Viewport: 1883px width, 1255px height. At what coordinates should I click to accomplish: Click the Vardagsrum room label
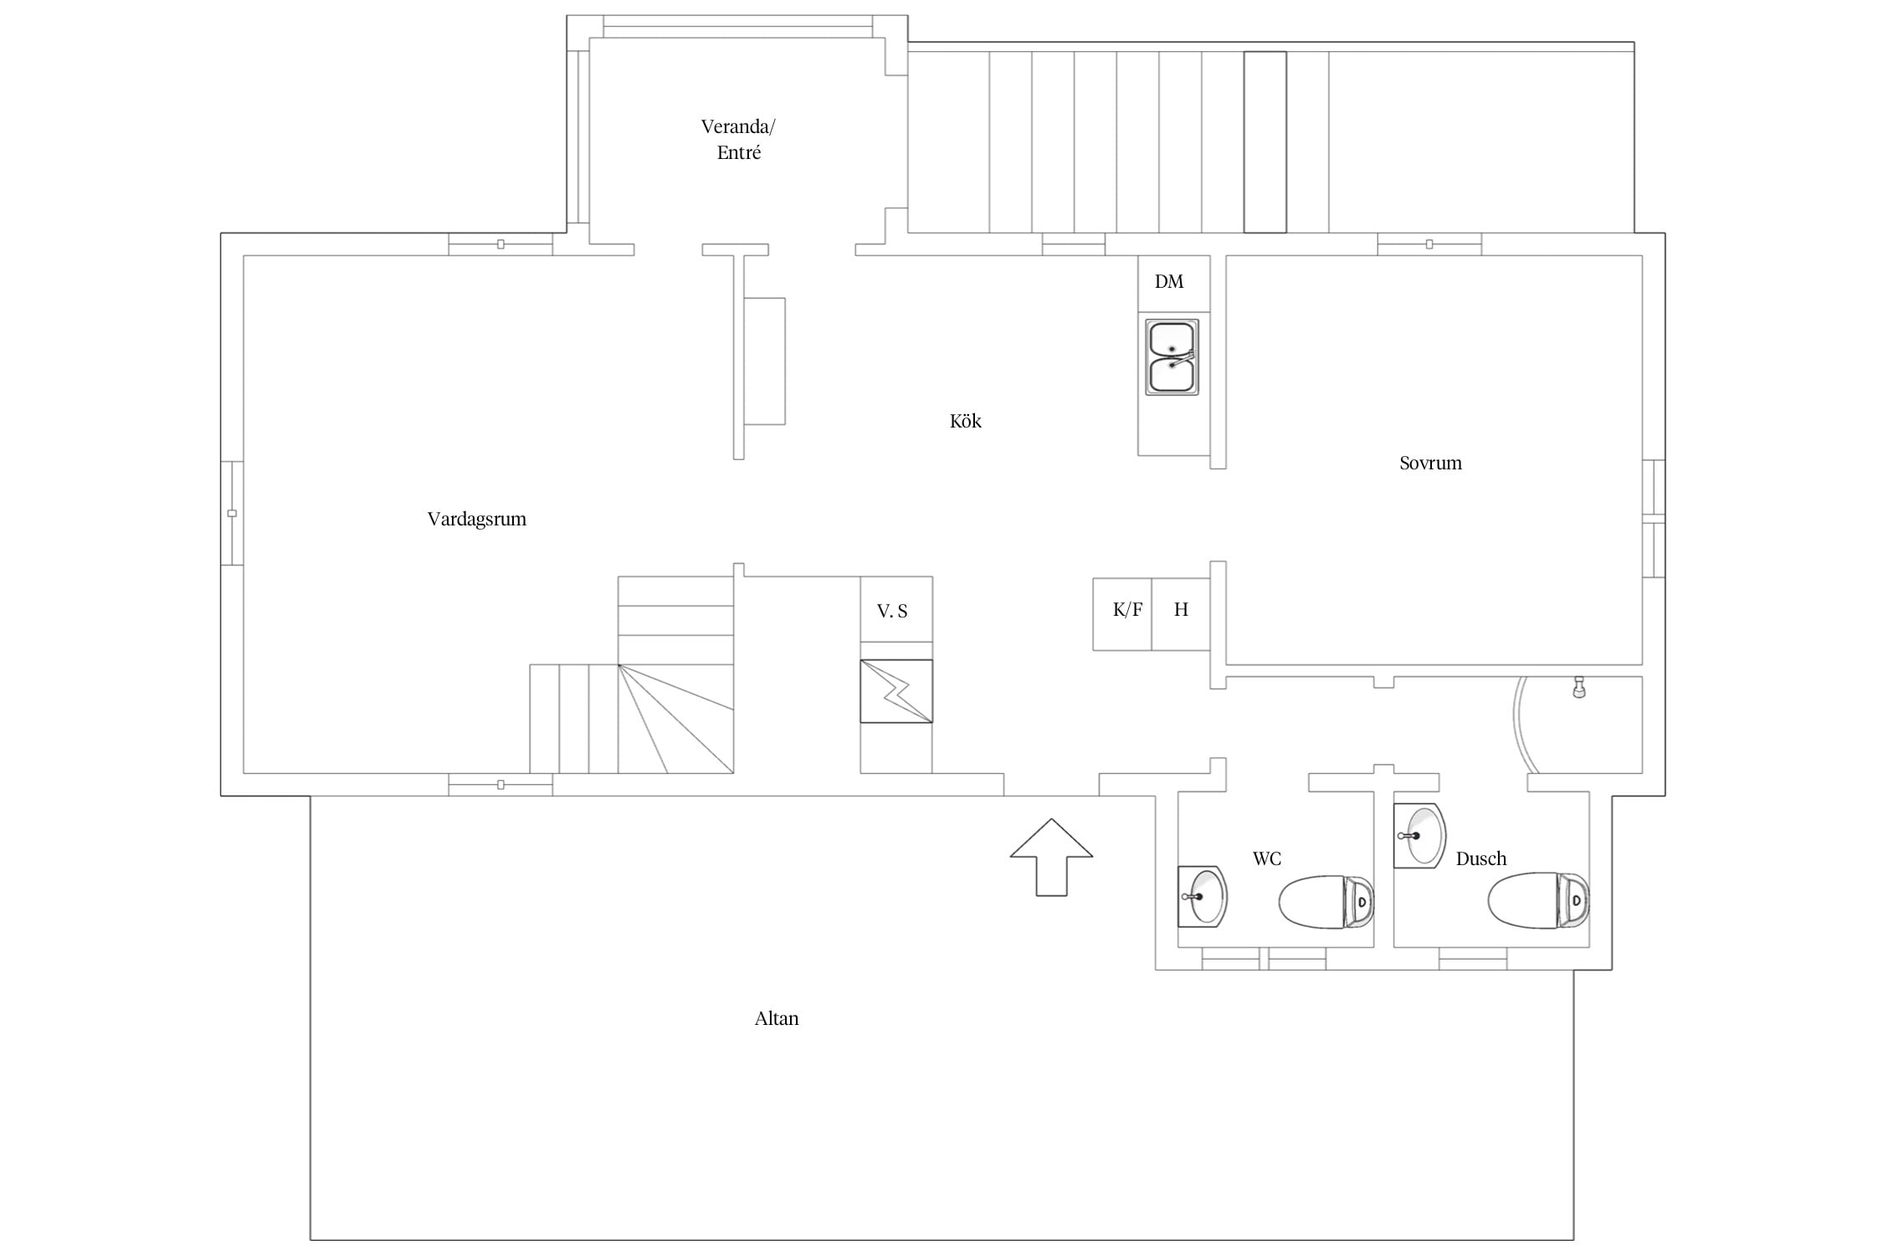click(x=477, y=520)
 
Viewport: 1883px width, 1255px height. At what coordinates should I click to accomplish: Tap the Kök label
click(x=965, y=421)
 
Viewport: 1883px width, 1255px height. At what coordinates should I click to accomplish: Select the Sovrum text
click(x=1430, y=463)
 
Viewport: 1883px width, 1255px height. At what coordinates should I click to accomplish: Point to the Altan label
click(x=777, y=1018)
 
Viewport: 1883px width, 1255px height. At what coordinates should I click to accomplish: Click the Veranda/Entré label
click(x=738, y=140)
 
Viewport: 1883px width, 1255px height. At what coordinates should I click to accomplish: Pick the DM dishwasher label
click(x=1169, y=282)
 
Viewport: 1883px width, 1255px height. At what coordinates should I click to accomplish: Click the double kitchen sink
click(x=1172, y=357)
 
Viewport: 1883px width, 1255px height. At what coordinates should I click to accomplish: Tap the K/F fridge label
click(x=1127, y=610)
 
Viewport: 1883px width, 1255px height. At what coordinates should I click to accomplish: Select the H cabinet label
click(x=1181, y=609)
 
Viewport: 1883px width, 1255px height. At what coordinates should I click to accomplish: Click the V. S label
click(x=892, y=612)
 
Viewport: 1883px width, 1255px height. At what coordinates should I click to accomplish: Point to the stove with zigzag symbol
click(x=896, y=691)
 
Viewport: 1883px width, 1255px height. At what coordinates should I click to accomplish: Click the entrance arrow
click(x=1051, y=857)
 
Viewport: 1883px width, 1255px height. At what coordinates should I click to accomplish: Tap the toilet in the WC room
click(x=1326, y=902)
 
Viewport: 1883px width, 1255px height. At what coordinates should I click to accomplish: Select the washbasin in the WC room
click(x=1203, y=896)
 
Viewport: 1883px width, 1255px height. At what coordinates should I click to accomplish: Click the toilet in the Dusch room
click(x=1538, y=900)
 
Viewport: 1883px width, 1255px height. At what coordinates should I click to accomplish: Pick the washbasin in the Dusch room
click(x=1420, y=835)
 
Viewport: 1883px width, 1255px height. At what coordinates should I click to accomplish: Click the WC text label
click(x=1267, y=858)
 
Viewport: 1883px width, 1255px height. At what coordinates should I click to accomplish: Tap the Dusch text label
click(x=1481, y=858)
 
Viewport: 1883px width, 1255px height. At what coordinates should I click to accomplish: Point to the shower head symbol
click(x=1579, y=687)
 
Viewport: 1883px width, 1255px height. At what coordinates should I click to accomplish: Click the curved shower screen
click(x=1517, y=725)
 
